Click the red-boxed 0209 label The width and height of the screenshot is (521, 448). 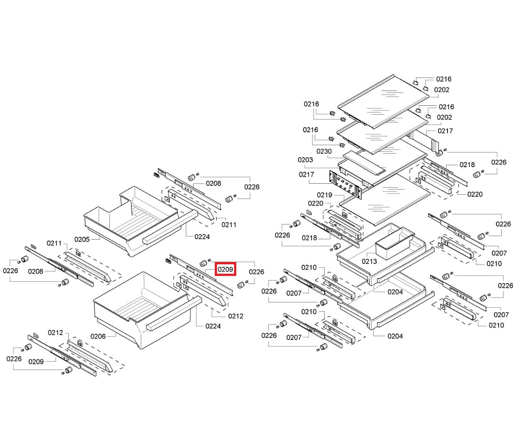225,269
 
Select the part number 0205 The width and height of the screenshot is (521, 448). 82,239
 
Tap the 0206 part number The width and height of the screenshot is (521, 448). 98,336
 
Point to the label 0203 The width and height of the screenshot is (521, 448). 305,160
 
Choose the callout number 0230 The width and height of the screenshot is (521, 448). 324,151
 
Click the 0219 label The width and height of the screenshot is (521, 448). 325,195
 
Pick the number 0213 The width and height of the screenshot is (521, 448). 369,261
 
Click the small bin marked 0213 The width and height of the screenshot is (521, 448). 395,242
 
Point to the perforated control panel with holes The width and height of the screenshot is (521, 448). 345,185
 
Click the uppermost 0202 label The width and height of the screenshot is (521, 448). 442,90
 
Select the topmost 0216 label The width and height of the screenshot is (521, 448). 444,79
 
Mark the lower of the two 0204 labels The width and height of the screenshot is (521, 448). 395,336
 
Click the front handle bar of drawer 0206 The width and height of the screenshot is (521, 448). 174,314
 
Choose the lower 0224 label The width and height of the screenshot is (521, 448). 213,326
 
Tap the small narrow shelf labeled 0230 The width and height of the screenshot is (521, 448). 364,162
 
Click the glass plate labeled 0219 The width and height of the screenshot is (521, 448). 386,200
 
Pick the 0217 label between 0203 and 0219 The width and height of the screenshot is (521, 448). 306,174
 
